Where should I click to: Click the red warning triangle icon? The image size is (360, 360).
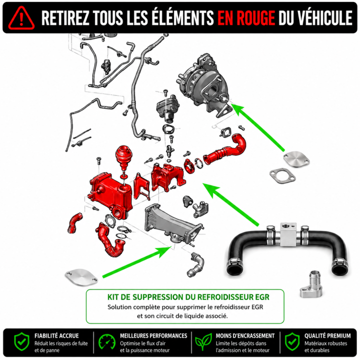tap(21, 18)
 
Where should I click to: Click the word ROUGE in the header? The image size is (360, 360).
tap(255, 18)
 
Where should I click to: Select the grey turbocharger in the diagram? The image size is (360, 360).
tap(204, 85)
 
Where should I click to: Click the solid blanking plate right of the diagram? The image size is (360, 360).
tap(296, 159)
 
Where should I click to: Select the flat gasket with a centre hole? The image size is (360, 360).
tap(282, 176)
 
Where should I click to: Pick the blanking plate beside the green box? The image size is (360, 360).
tap(81, 277)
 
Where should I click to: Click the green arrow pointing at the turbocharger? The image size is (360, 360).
tap(258, 127)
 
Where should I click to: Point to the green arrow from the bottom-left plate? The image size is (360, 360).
tap(137, 262)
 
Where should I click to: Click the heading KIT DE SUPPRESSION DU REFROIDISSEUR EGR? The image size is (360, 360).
tap(188, 297)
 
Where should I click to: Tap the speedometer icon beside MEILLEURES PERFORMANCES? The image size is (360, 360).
tap(107, 342)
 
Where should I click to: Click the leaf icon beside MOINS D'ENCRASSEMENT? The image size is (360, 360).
tap(203, 342)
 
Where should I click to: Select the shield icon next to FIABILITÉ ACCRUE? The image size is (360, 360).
tap(21, 342)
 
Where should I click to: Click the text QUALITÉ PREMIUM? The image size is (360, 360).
tap(327, 336)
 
